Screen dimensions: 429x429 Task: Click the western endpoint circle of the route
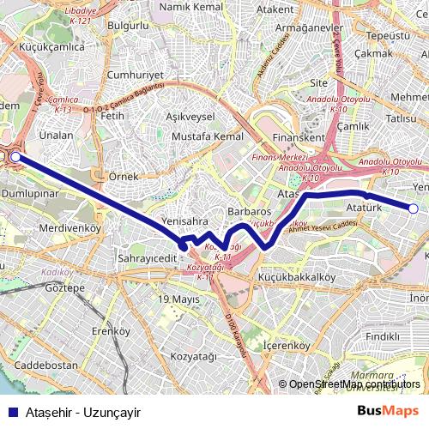click(15, 157)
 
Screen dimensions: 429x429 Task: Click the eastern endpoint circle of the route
click(413, 208)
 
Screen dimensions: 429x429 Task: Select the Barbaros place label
click(250, 210)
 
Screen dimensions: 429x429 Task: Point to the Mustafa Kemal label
click(208, 136)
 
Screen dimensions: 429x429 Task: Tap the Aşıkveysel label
click(190, 116)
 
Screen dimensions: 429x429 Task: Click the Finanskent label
click(298, 137)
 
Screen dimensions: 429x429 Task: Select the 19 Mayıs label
click(178, 299)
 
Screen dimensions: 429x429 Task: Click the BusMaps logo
click(388, 411)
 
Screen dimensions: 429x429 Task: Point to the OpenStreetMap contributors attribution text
click(354, 384)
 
